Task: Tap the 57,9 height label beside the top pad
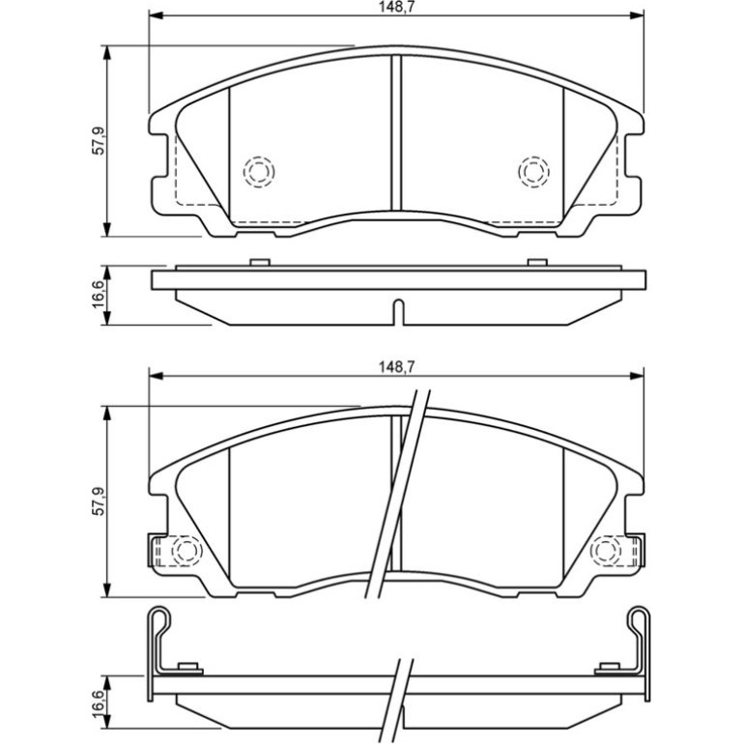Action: click(99, 141)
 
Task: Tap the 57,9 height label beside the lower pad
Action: click(99, 501)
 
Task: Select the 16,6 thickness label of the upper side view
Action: click(99, 294)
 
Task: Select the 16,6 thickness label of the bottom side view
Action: click(99, 706)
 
